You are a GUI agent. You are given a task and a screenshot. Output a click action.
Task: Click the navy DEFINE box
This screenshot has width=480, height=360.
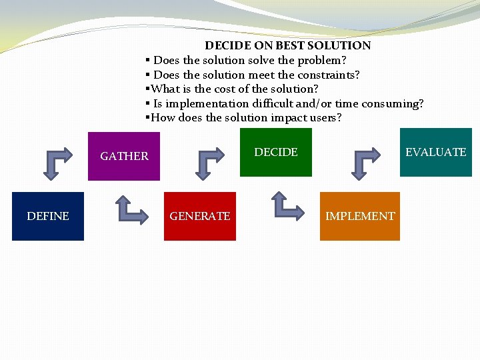click(x=48, y=216)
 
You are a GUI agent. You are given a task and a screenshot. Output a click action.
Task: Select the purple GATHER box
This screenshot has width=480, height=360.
click(x=124, y=156)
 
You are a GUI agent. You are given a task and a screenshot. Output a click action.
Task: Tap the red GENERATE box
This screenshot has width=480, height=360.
click(x=200, y=216)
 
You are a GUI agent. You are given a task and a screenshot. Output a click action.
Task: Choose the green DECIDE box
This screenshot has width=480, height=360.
click(x=276, y=152)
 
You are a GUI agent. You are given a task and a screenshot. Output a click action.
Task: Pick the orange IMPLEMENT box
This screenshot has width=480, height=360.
click(x=360, y=216)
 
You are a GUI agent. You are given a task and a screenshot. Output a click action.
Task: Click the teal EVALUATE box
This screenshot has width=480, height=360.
click(x=436, y=152)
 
